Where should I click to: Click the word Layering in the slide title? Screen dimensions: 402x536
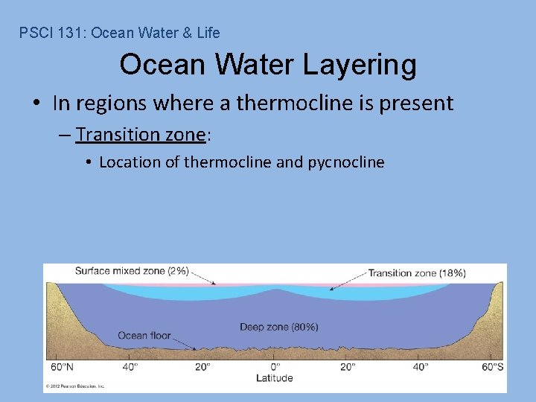coord(360,66)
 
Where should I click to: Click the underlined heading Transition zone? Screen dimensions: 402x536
coord(139,135)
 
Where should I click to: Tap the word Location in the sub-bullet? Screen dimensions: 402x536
coord(128,162)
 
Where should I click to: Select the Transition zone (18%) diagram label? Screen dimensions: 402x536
coord(417,273)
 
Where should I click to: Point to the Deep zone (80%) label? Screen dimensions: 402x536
coord(279,327)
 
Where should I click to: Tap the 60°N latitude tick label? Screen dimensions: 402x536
coord(62,366)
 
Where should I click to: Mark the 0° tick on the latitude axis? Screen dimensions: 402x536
coord(275,366)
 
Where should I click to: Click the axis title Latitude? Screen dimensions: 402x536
coord(275,377)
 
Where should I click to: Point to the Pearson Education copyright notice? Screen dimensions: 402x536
coord(75,386)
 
